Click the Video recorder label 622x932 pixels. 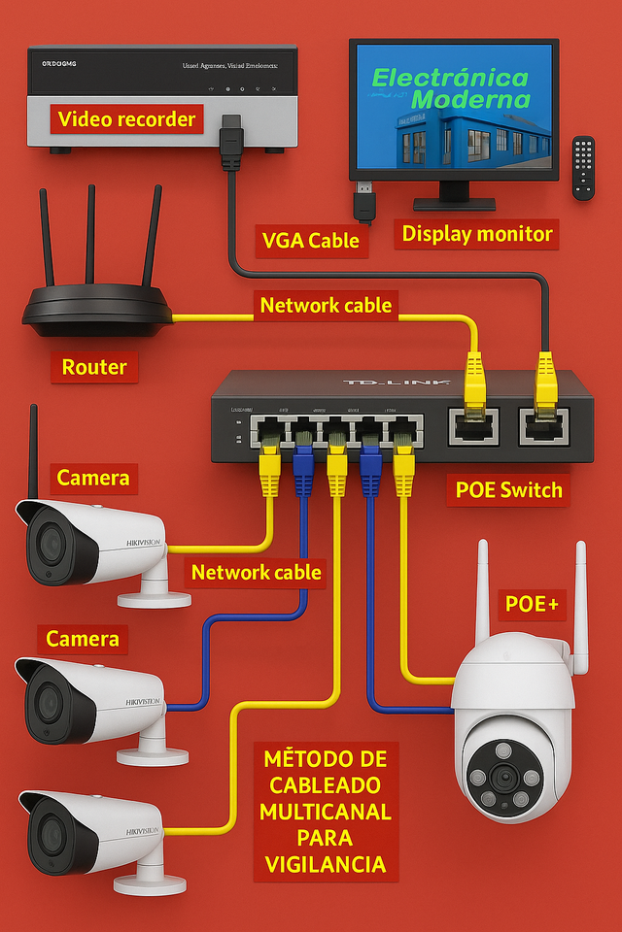click(x=126, y=119)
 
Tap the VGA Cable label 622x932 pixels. click(x=311, y=239)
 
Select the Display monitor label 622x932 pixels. click(x=477, y=233)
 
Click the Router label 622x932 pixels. click(x=94, y=366)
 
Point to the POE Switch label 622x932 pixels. click(x=509, y=489)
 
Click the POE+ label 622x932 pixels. click(x=532, y=603)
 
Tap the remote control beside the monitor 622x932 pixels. click(x=583, y=167)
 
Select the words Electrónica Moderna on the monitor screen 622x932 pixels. click(x=451, y=88)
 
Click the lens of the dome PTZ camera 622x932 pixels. click(x=503, y=776)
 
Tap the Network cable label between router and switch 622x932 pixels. click(x=327, y=305)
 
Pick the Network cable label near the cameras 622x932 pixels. click(x=256, y=572)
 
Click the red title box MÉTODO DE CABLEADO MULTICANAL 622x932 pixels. click(x=326, y=811)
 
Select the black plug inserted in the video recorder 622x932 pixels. click(x=231, y=140)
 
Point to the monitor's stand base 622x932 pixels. click(x=454, y=204)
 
